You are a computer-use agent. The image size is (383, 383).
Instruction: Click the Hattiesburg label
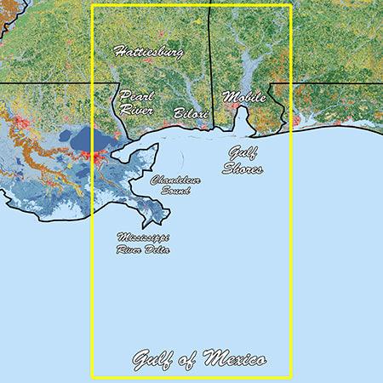(148, 53)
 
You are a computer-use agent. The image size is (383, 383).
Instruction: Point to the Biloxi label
(191, 112)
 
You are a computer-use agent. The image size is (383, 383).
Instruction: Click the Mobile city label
(244, 97)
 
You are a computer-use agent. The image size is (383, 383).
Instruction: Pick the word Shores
(243, 168)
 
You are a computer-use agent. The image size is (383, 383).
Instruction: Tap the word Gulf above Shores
(241, 153)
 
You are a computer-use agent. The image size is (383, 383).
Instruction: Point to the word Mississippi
(144, 238)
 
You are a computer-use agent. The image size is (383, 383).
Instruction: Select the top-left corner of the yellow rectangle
(92, 6)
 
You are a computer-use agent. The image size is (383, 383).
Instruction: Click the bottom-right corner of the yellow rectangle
(291, 377)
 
